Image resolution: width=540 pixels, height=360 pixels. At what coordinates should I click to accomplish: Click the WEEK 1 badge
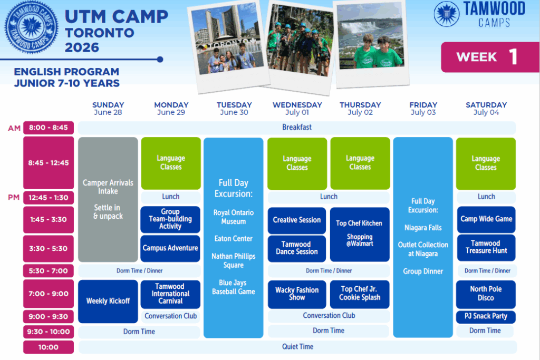490,57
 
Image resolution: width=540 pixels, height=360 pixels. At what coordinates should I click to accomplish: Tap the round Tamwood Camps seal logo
31,27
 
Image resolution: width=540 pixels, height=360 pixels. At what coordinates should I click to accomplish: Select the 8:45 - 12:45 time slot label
49,163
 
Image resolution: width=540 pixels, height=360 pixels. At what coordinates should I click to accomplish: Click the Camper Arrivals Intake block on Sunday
108,200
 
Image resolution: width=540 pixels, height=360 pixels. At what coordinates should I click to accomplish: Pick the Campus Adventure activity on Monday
170,248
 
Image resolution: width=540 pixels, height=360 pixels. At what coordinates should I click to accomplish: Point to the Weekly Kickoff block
108,301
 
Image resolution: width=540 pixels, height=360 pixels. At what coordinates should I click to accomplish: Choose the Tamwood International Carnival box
170,294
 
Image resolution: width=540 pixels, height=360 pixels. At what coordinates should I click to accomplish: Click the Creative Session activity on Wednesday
297,220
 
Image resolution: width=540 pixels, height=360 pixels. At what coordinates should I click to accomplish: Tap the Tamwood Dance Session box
297,248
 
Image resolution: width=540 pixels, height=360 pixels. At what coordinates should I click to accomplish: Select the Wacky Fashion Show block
297,294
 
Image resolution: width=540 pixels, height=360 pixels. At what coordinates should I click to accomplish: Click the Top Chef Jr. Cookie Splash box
360,294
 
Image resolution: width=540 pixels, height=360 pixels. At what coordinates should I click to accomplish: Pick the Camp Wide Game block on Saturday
486,219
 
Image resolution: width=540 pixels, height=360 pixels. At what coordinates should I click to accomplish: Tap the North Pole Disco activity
486,294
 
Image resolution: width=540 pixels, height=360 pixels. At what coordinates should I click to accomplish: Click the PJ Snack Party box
486,317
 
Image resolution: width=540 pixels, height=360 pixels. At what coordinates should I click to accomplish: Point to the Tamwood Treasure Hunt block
486,247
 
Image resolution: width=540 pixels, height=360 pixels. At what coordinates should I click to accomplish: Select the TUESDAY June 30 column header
234,109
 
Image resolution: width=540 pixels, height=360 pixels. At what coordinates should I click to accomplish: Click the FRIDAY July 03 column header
423,109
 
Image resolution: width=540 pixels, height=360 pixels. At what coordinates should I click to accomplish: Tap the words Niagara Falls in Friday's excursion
423,228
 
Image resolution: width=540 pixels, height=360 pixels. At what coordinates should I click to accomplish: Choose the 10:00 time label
49,347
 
